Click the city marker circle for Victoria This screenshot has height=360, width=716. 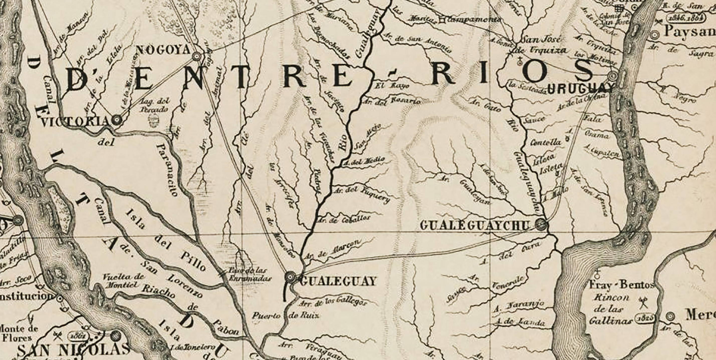pyautogui.click(x=117, y=120)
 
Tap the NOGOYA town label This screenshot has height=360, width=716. pyautogui.click(x=163, y=50)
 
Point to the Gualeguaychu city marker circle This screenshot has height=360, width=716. pyautogui.click(x=541, y=224)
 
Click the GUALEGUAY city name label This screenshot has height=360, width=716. pyautogui.click(x=338, y=281)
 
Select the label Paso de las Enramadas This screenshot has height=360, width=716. pyautogui.click(x=249, y=274)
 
